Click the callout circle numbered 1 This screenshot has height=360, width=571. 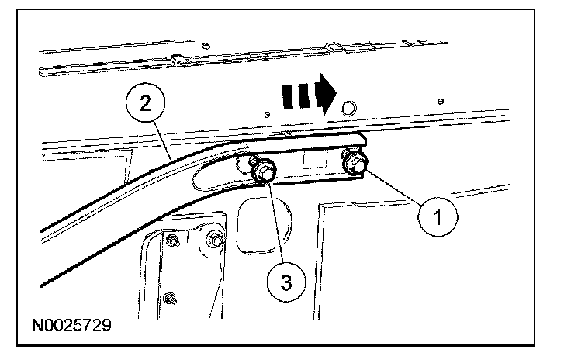tap(438, 217)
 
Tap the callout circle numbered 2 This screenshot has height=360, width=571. tap(145, 102)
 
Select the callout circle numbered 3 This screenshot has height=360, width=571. tap(286, 282)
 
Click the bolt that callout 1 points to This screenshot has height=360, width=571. tap(355, 162)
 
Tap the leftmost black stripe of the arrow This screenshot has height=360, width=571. tap(288, 97)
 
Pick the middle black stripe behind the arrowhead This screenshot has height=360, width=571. tap(303, 95)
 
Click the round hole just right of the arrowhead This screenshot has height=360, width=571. tap(349, 108)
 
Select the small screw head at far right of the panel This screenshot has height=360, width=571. tap(441, 101)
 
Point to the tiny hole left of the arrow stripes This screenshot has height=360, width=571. tap(267, 115)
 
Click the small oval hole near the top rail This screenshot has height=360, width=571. tap(206, 46)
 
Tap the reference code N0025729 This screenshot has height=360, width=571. tap(71, 325)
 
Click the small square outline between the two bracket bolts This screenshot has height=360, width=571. tap(315, 159)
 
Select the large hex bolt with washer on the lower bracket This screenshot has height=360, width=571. tap(216, 241)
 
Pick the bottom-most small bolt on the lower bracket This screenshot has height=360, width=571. tap(170, 299)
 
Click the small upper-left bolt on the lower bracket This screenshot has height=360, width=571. tap(172, 241)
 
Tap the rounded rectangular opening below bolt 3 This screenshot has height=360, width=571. tap(264, 225)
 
